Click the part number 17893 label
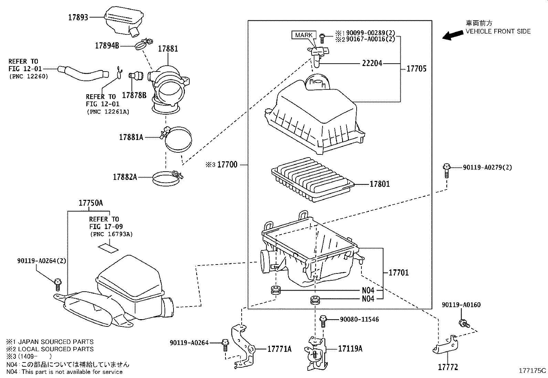[x=78, y=17]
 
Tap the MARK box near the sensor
[x=304, y=35]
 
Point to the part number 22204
[x=372, y=63]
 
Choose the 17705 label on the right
[x=416, y=68]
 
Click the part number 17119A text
[x=350, y=349]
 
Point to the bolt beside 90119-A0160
[x=464, y=323]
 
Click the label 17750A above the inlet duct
[x=91, y=203]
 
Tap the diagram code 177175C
[x=532, y=371]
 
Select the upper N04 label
[x=368, y=290]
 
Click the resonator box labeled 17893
[x=124, y=20]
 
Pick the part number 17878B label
[x=134, y=95]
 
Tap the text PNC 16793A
[x=112, y=234]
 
